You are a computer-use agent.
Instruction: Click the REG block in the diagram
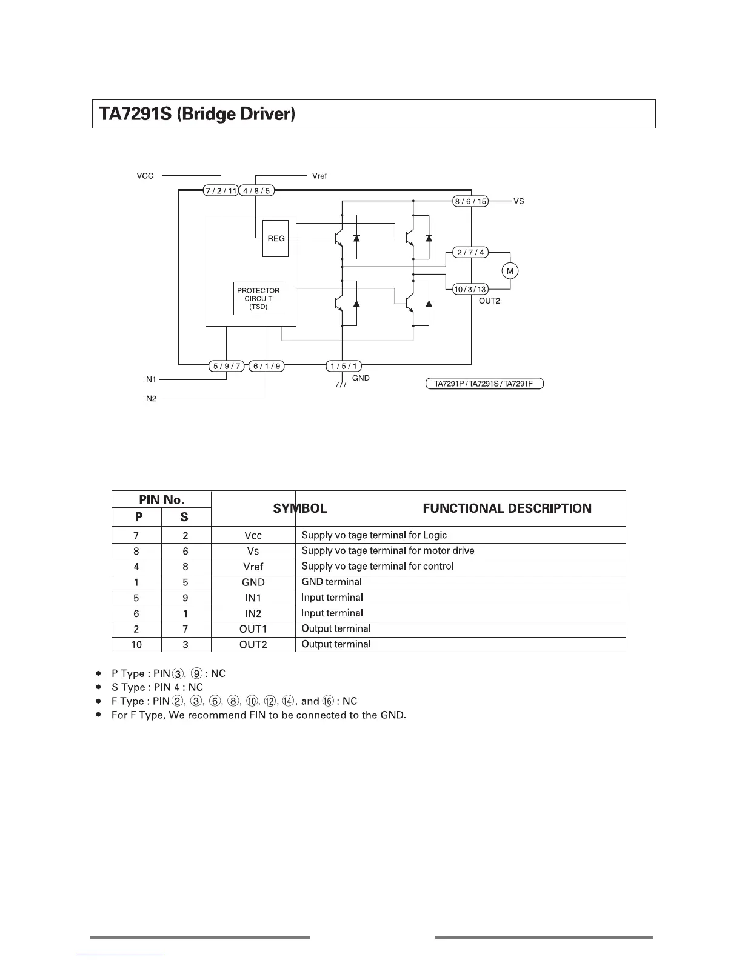276,239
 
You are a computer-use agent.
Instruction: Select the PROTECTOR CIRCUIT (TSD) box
258,299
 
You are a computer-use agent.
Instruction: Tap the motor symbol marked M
510,271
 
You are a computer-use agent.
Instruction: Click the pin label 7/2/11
221,191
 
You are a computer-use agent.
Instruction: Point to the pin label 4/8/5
257,191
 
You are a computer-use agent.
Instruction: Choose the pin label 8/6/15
471,201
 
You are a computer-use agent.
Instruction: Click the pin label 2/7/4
470,252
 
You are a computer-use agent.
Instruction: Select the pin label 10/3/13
470,289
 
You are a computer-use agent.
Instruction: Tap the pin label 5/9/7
226,366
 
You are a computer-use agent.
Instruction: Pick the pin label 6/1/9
267,366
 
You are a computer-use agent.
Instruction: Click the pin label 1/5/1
344,366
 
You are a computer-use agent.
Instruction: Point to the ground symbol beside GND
341,384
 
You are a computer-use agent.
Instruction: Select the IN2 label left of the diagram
150,399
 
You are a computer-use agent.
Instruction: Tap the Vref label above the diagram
319,176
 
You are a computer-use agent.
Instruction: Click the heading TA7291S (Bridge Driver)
197,114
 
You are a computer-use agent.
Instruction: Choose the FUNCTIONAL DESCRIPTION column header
507,508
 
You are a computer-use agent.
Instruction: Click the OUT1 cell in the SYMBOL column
253,629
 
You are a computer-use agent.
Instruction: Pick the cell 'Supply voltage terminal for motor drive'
388,551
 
